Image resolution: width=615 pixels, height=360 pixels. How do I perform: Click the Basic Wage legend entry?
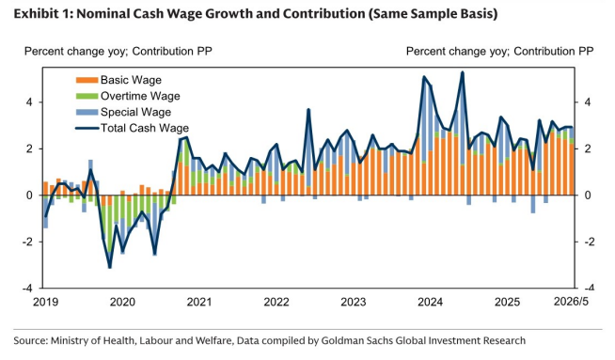click(118, 80)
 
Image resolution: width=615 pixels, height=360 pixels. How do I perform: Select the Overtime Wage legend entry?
click(128, 96)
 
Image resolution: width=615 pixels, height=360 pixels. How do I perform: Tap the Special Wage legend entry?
click(123, 112)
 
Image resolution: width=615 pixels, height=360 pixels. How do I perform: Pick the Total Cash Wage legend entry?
click(133, 128)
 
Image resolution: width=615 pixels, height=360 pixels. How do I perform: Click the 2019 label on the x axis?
click(45, 302)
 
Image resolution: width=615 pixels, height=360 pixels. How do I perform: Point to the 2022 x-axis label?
click(276, 302)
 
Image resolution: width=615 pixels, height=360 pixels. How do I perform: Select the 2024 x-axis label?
click(431, 302)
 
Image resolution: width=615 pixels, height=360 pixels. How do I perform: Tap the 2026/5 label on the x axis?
click(571, 302)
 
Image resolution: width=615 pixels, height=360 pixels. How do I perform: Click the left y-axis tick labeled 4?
click(29, 102)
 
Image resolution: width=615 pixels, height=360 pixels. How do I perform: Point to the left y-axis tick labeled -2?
click(27, 242)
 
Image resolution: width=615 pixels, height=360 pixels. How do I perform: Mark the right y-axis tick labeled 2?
click(587, 149)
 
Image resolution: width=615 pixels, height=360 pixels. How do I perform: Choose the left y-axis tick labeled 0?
click(29, 195)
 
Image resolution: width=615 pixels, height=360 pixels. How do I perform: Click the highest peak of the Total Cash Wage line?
click(463, 72)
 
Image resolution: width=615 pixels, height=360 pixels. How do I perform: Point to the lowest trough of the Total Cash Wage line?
click(109, 268)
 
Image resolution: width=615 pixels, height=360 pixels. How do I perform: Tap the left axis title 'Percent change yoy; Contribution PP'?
click(118, 52)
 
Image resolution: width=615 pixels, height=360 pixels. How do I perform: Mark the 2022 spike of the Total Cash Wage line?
click(308, 109)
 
